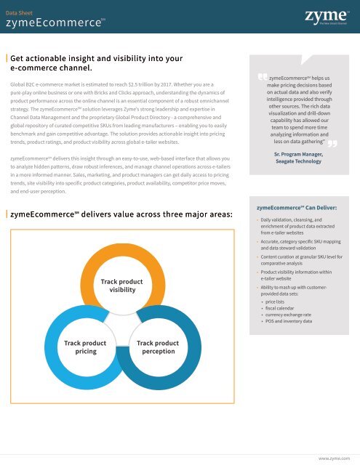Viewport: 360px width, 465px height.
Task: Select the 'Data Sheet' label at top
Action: click(20, 12)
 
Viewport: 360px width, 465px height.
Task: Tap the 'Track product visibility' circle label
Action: click(121, 285)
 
